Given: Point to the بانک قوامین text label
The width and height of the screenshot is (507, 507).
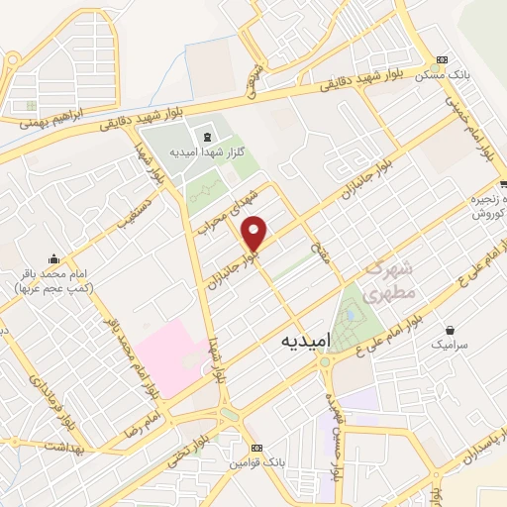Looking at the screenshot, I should (256, 461).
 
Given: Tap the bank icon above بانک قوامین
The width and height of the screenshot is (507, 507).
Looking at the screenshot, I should (256, 448).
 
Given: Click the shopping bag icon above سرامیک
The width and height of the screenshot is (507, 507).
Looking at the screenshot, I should (452, 329).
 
